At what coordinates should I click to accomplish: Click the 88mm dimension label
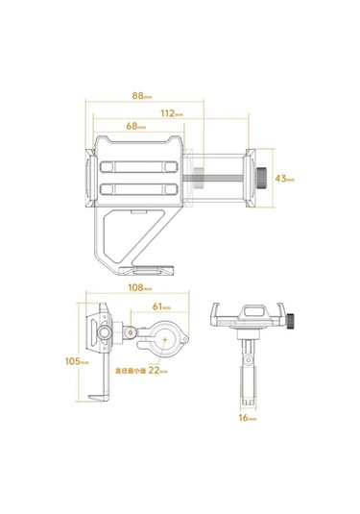pyautogui.click(x=142, y=96)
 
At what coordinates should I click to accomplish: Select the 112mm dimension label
pyautogui.click(x=172, y=113)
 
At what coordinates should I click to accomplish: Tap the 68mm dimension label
pyautogui.click(x=136, y=126)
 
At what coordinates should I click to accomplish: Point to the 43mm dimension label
pyautogui.click(x=285, y=179)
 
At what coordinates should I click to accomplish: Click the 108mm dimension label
pyautogui.click(x=140, y=287)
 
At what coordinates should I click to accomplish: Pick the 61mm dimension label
pyautogui.click(x=161, y=306)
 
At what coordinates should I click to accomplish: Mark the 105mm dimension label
pyautogui.click(x=77, y=361)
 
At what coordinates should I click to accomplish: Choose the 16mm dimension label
pyautogui.click(x=248, y=418)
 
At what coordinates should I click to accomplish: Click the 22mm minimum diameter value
pyautogui.click(x=158, y=371)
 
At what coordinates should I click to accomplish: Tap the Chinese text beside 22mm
pyautogui.click(x=131, y=372)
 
